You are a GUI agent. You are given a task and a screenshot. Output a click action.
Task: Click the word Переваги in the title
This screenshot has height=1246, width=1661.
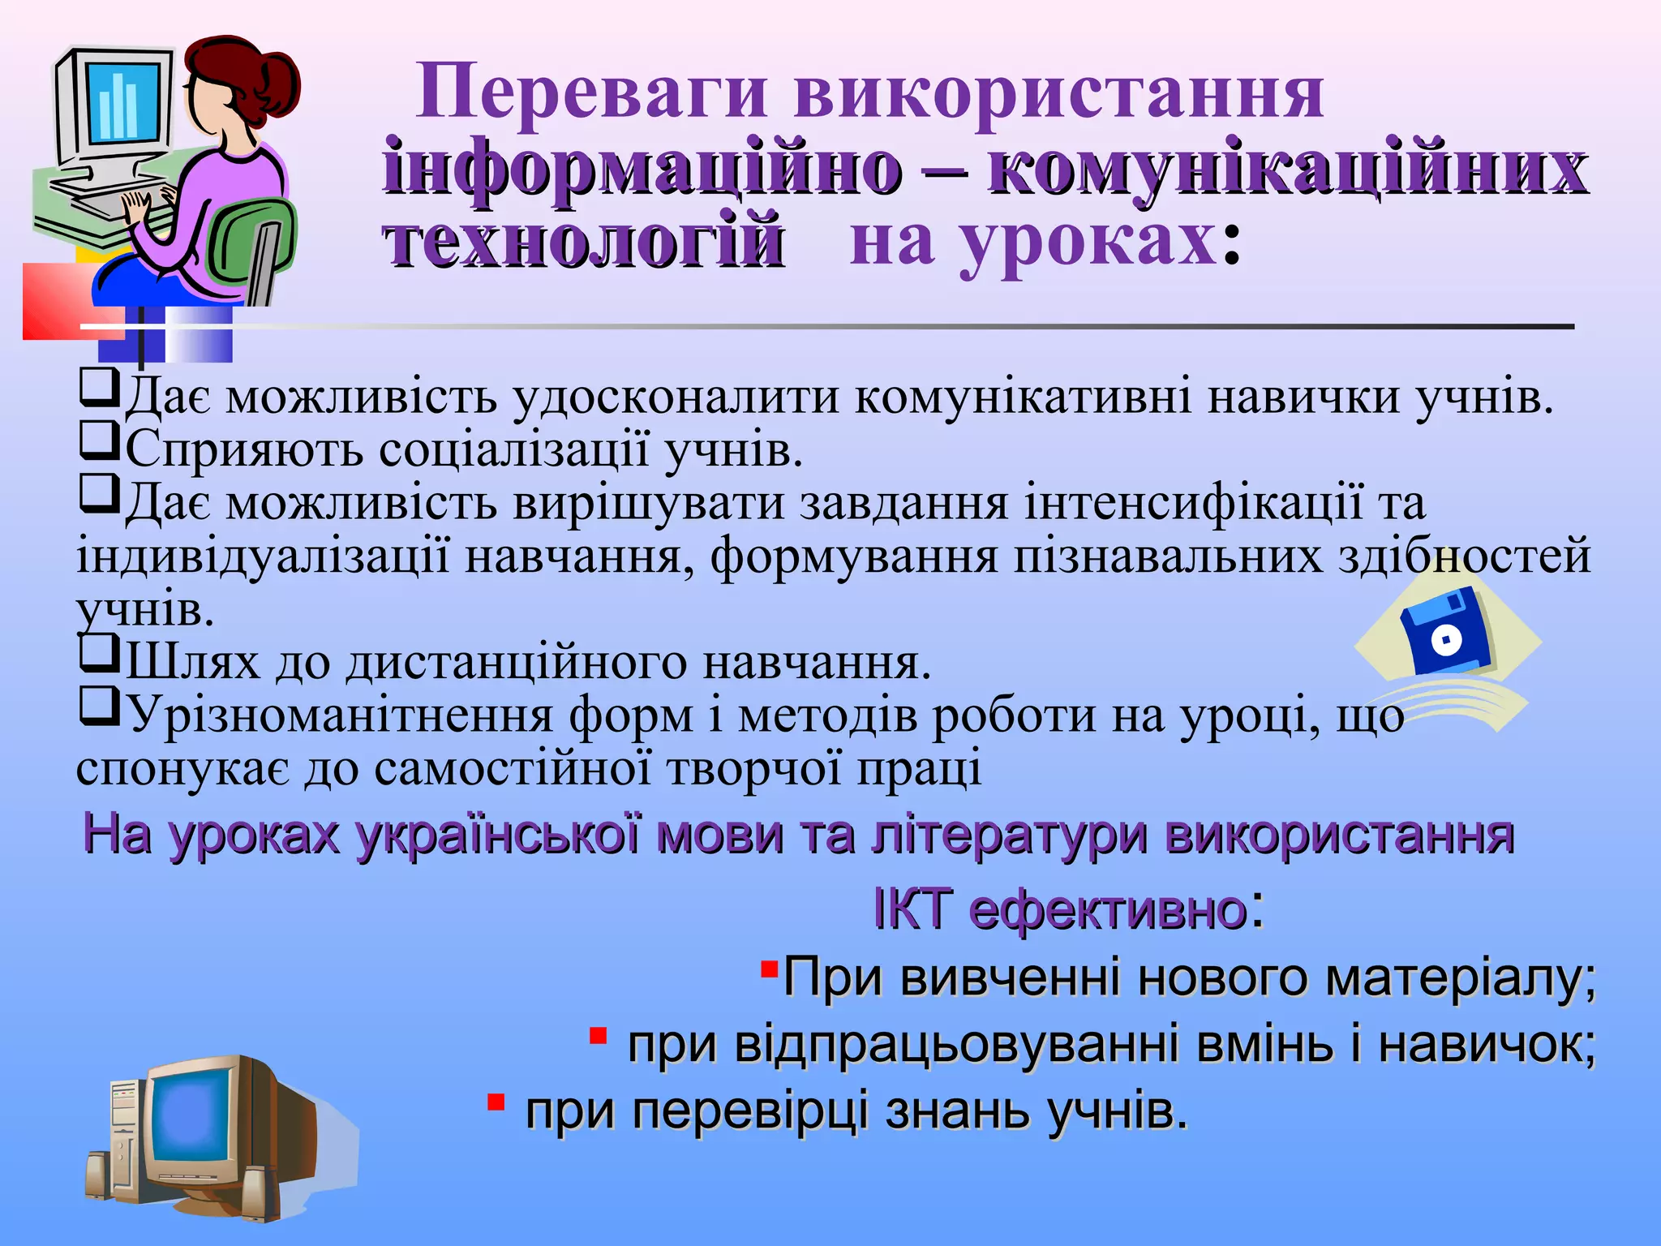(x=591, y=92)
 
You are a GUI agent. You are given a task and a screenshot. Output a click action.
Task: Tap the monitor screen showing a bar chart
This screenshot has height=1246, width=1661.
(x=123, y=103)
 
